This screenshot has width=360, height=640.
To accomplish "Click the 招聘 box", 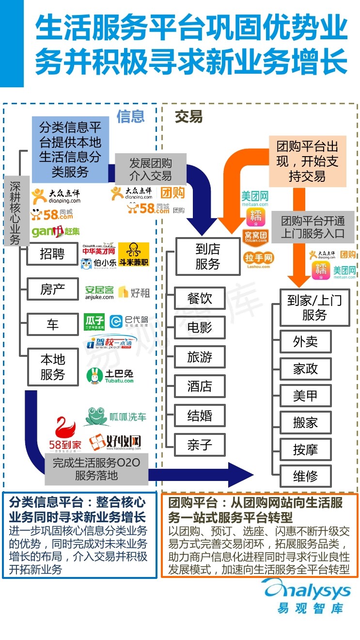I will pyautogui.click(x=52, y=254).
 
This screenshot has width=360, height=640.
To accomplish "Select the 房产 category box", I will pyautogui.click(x=52, y=290).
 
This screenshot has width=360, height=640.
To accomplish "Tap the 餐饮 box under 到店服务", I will pyautogui.click(x=200, y=298).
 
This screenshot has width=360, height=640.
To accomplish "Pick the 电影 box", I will pyautogui.click(x=200, y=327).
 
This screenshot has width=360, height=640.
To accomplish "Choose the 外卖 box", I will pyautogui.click(x=305, y=342).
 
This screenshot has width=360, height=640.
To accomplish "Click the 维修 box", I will pyautogui.click(x=305, y=476).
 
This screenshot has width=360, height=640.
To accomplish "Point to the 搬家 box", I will pyautogui.click(x=305, y=422).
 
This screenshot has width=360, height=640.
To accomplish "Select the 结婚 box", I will pyautogui.click(x=200, y=416).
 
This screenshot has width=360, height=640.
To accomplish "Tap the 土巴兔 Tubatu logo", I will pyautogui.click(x=110, y=376).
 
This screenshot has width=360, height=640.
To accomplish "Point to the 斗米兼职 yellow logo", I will pyautogui.click(x=134, y=255).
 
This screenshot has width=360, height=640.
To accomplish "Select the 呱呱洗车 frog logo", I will pyautogui.click(x=115, y=416).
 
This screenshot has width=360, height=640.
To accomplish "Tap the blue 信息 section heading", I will pyautogui.click(x=130, y=116).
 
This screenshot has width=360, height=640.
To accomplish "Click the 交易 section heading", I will pyautogui.click(x=188, y=117).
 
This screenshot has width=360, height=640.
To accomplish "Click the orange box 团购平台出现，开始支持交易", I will pyautogui.click(x=307, y=161).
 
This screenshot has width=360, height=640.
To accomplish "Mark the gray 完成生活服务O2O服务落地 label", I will pyautogui.click(x=96, y=468).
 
